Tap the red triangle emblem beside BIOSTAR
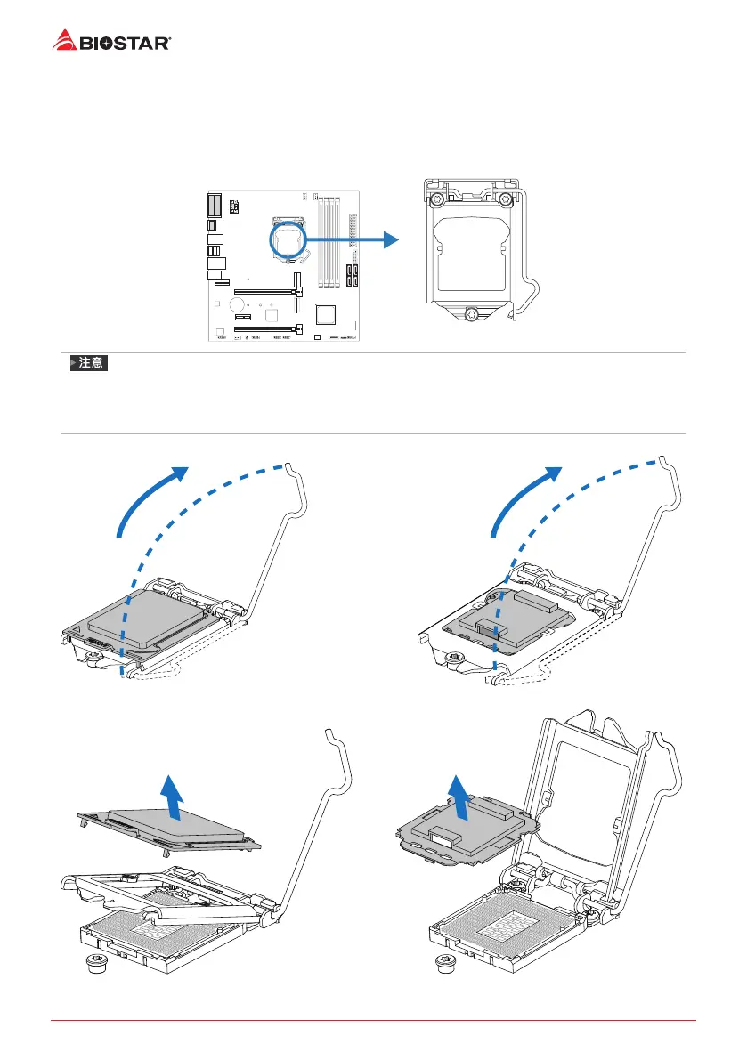click(x=62, y=39)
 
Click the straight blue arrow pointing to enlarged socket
click(x=353, y=239)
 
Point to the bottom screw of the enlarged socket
click(x=473, y=313)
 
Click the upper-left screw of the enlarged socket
click(x=437, y=198)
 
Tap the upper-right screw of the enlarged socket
click(x=505, y=198)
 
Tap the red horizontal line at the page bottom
click(x=373, y=1020)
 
